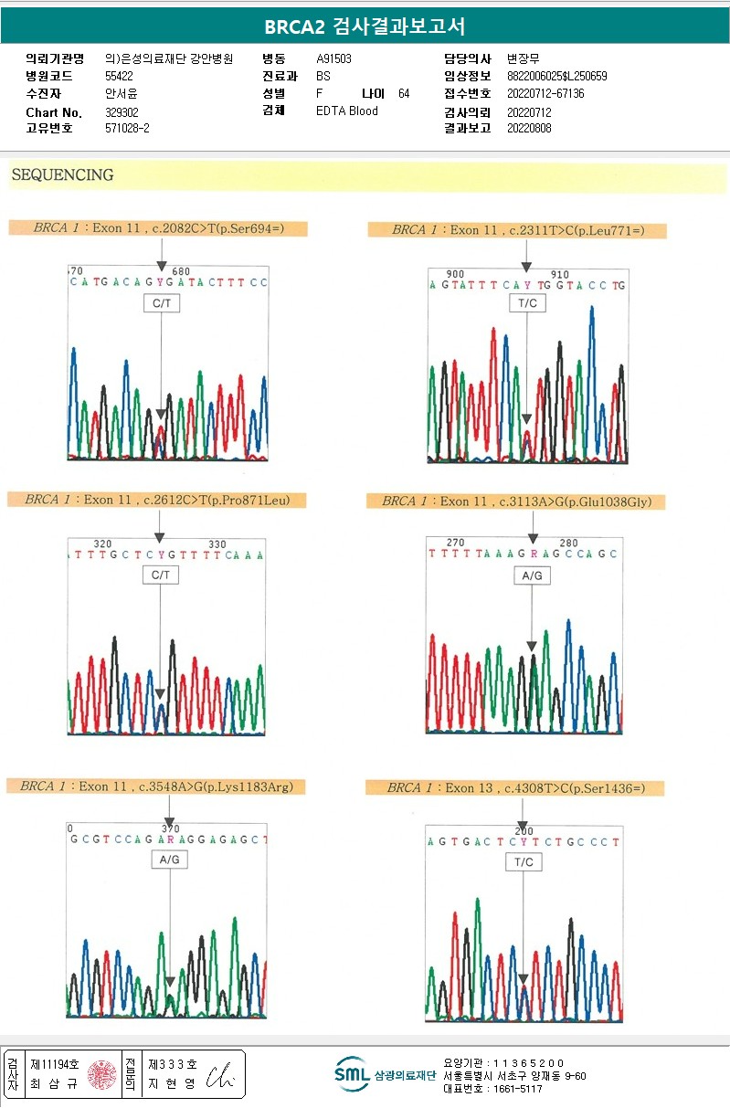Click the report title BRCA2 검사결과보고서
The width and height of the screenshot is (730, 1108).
pos(365,26)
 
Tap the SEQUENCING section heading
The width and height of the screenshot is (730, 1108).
pos(62,174)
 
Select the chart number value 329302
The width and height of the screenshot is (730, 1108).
pos(122,112)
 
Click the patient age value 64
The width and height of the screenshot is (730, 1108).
pos(404,94)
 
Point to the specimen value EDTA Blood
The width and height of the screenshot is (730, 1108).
pos(347,111)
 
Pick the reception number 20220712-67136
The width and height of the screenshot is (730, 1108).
pos(545,94)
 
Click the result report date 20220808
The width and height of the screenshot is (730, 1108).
pos(529,129)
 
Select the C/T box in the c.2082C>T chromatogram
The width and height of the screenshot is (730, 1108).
pos(161,303)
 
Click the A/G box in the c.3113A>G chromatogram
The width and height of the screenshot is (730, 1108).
pos(532,576)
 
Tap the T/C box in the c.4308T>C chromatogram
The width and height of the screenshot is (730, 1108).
pos(524,862)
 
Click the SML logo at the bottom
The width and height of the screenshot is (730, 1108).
pos(352,1074)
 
